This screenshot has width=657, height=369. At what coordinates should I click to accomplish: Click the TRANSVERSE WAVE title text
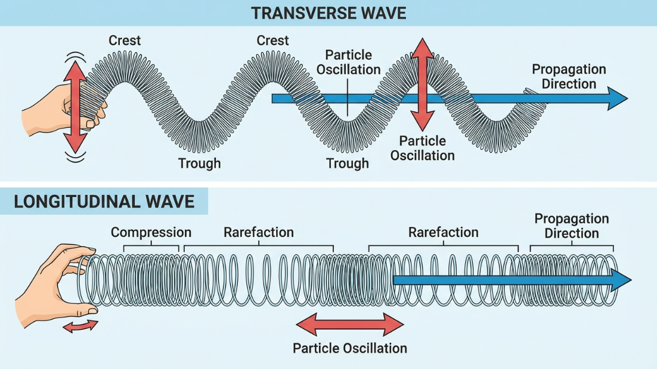pyautogui.click(x=328, y=12)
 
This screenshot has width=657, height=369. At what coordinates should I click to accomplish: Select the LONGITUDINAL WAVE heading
pyautogui.click(x=104, y=201)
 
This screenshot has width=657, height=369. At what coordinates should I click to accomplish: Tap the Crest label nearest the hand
pyautogui.click(x=125, y=40)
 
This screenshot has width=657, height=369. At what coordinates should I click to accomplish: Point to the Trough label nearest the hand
pyautogui.click(x=199, y=163)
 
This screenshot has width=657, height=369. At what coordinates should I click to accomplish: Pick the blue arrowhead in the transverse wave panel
pyautogui.click(x=617, y=98)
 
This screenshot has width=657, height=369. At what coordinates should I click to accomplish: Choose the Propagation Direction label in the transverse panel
pyautogui.click(x=569, y=76)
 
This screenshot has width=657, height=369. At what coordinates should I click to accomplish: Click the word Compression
pyautogui.click(x=151, y=232)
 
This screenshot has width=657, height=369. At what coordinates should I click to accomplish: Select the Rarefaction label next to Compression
pyautogui.click(x=259, y=232)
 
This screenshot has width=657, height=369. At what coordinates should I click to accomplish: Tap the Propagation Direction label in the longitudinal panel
pyautogui.click(x=572, y=226)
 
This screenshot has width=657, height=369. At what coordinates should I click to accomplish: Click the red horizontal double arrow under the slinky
pyautogui.click(x=350, y=325)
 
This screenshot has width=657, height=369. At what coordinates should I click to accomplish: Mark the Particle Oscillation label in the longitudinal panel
pyautogui.click(x=350, y=348)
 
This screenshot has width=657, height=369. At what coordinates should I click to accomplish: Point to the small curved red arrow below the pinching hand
pyautogui.click(x=80, y=325)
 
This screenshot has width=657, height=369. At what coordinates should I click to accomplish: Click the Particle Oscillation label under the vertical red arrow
pyautogui.click(x=423, y=148)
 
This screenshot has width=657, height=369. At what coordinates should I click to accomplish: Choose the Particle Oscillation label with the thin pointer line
pyautogui.click(x=348, y=62)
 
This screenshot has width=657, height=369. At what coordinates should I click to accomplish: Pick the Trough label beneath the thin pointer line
pyautogui.click(x=347, y=163)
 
